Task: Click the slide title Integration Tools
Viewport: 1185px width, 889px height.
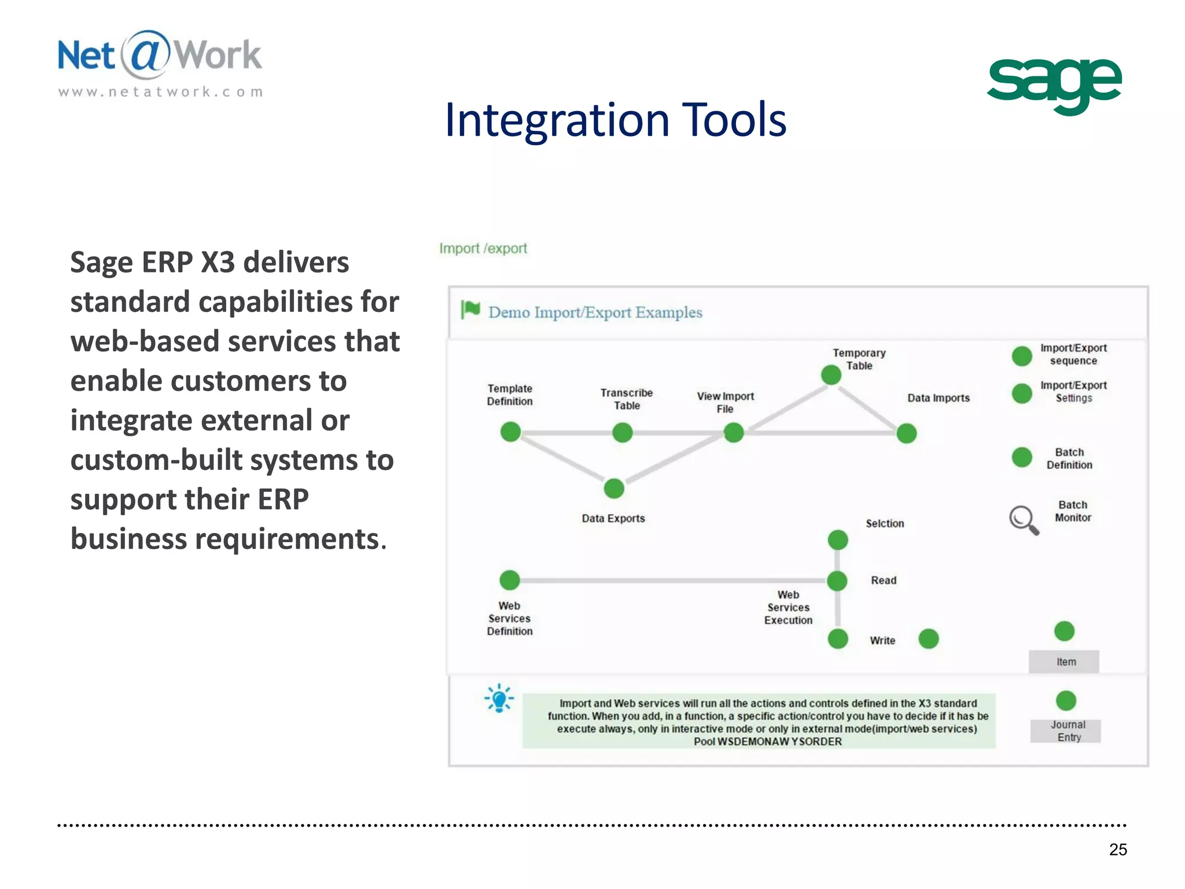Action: click(615, 120)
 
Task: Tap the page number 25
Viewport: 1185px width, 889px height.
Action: click(1118, 849)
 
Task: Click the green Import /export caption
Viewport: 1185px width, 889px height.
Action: click(483, 248)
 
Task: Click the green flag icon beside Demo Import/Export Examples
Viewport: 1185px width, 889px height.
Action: click(470, 310)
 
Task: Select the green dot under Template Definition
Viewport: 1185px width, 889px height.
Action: click(510, 432)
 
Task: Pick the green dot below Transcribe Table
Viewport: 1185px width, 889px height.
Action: click(623, 432)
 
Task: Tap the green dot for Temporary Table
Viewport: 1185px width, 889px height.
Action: click(831, 375)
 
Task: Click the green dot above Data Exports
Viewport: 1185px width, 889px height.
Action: click(614, 488)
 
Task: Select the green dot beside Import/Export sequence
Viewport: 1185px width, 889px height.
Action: click(1022, 356)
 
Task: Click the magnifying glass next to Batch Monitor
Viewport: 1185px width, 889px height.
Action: click(1024, 520)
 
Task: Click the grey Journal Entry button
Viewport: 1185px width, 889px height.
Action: click(1065, 731)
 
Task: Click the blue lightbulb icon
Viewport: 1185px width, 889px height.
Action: click(499, 699)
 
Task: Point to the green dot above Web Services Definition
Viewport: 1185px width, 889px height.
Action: click(510, 579)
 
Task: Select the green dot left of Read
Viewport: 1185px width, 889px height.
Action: click(837, 581)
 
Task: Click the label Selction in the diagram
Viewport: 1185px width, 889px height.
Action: click(884, 523)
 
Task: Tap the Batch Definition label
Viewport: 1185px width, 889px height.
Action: click(1069, 458)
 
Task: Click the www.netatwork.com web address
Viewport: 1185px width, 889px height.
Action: click(161, 92)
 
